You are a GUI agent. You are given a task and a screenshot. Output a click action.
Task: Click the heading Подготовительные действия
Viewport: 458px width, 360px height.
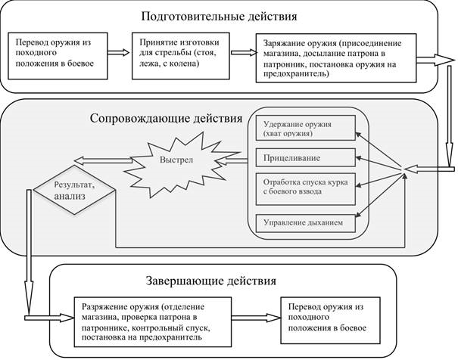pyautogui.click(x=219, y=17)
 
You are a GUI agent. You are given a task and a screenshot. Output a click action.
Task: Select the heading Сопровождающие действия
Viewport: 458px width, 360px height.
pyautogui.click(x=167, y=119)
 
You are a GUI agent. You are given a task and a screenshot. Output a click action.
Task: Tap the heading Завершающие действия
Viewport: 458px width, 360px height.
pyautogui.click(x=211, y=281)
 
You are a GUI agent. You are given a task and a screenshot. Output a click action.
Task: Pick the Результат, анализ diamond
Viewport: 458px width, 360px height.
pyautogui.click(x=74, y=190)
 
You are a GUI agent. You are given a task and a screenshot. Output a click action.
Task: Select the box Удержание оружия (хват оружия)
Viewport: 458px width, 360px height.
pyautogui.click(x=306, y=128)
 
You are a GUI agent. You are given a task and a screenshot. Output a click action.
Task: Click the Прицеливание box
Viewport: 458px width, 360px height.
pyautogui.click(x=306, y=157)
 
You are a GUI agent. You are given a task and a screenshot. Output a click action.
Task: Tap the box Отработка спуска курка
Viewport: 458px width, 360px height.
pyautogui.click(x=306, y=189)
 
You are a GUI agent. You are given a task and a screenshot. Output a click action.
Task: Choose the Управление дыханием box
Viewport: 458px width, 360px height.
pyautogui.click(x=306, y=223)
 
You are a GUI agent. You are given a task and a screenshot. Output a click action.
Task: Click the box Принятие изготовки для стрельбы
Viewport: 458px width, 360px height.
pyautogui.click(x=180, y=56)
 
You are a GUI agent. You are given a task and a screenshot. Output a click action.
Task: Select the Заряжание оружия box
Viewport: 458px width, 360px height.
pyautogui.click(x=336, y=58)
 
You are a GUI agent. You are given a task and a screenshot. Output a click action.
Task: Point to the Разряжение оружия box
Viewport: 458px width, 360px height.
pyautogui.click(x=153, y=321)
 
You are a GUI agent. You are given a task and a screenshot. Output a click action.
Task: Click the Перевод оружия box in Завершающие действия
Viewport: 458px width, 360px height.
pyautogui.click(x=330, y=321)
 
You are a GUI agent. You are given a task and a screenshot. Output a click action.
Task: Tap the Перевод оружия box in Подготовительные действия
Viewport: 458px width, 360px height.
pyautogui.click(x=58, y=56)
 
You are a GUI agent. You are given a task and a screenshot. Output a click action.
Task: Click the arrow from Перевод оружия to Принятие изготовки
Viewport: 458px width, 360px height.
pyautogui.click(x=118, y=52)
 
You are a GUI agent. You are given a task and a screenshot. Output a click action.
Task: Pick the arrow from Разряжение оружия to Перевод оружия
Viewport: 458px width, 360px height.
pyautogui.click(x=256, y=318)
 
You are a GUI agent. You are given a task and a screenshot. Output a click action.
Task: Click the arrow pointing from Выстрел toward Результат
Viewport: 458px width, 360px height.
pyautogui.click(x=103, y=160)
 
